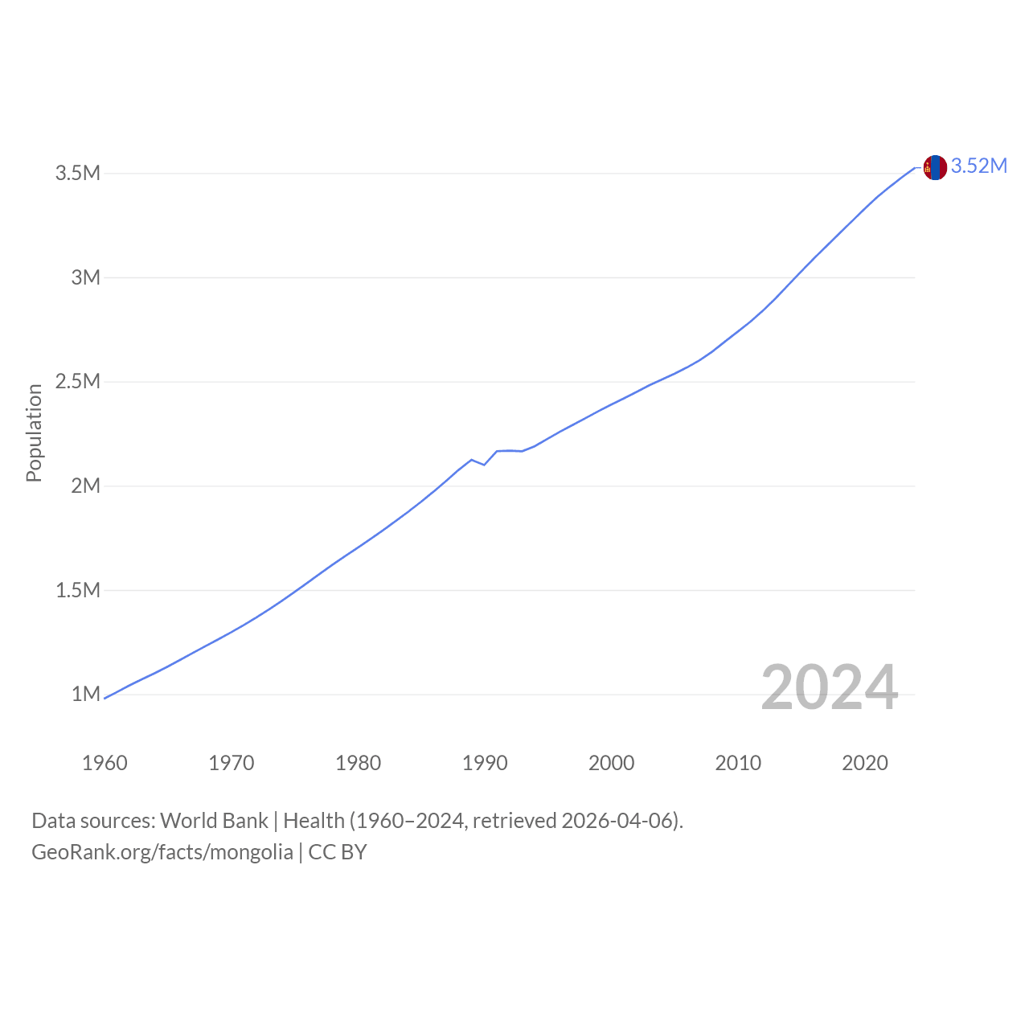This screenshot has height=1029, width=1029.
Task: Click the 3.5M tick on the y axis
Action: tap(78, 173)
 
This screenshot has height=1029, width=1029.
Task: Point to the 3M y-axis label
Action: tap(86, 277)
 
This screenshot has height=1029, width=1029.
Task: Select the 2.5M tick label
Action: tap(78, 381)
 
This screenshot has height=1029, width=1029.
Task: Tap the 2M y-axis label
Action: tap(86, 486)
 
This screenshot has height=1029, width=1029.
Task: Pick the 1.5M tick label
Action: tap(78, 590)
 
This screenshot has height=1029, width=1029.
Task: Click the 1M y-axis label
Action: tap(86, 695)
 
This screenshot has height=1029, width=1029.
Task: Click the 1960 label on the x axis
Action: tap(105, 763)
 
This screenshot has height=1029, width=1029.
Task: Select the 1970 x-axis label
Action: tap(232, 763)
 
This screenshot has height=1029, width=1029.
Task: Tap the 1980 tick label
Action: tap(359, 763)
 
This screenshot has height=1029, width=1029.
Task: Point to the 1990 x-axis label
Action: tap(485, 763)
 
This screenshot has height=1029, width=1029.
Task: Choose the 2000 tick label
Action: tap(612, 763)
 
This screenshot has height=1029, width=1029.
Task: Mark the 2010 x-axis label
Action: tap(738, 763)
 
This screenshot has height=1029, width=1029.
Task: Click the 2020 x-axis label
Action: tap(865, 763)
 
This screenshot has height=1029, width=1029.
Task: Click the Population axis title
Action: tap(35, 433)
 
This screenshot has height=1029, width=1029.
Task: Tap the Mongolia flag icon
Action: tap(935, 168)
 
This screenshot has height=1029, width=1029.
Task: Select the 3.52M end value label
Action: tap(979, 166)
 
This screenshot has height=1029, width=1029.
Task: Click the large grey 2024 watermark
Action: tap(830, 687)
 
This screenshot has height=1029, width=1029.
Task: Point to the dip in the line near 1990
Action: tap(484, 465)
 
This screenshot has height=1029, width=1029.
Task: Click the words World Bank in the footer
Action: tap(214, 821)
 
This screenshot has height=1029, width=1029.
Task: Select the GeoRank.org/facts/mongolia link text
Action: tap(162, 852)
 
